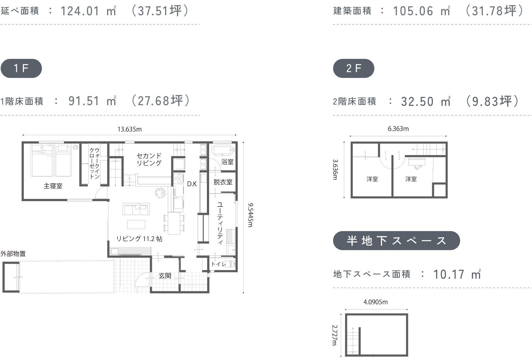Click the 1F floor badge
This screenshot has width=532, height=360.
pyautogui.click(x=21, y=68)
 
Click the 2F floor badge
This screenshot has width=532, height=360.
pyautogui.click(x=354, y=68)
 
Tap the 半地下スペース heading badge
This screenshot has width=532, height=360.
pyautogui.click(x=396, y=240)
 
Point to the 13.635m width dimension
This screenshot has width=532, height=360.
pyautogui.click(x=129, y=129)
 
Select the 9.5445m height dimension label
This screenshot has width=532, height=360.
pyautogui.click(x=250, y=215)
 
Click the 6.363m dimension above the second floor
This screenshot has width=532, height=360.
pyautogui.click(x=398, y=129)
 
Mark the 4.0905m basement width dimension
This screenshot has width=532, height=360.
pyautogui.click(x=376, y=302)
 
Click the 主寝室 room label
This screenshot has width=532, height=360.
pyautogui.click(x=53, y=186)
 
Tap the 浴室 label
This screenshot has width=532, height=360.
pyautogui.click(x=227, y=162)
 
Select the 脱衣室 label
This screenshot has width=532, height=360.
pyautogui.click(x=223, y=182)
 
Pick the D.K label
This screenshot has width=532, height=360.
pyautogui.click(x=192, y=184)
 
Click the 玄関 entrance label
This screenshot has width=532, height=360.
pyautogui.click(x=165, y=276)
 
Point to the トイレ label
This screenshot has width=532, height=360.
pyautogui.click(x=219, y=264)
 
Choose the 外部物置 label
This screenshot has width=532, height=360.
pyautogui.click(x=13, y=254)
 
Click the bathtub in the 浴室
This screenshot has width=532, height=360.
pyautogui.click(x=222, y=150)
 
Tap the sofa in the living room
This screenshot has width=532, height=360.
pyautogui.click(x=136, y=209)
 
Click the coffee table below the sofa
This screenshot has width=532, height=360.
pyautogui.click(x=136, y=225)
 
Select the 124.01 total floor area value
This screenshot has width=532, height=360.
pyautogui.click(x=80, y=11)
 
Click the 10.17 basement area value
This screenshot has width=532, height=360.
pyautogui.click(x=449, y=275)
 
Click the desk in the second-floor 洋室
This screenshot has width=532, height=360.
pyautogui.click(x=417, y=162)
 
